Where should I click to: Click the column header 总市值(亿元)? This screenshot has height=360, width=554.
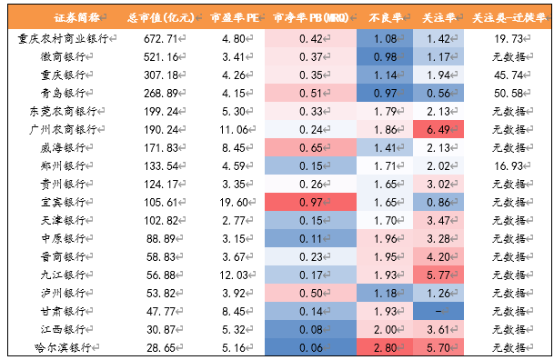(x=161, y=17)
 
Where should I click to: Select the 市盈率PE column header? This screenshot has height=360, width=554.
(x=235, y=17)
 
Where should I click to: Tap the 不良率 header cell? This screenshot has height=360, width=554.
(x=386, y=17)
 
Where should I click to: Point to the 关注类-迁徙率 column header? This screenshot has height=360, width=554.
(x=509, y=17)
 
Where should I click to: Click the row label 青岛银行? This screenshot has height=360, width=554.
(x=63, y=93)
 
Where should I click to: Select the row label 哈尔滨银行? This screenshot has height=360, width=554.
(x=63, y=348)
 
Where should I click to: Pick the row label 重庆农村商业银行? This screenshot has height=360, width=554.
(x=63, y=38)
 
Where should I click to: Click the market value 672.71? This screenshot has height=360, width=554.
(x=160, y=39)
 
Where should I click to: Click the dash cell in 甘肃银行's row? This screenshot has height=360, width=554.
(x=438, y=311)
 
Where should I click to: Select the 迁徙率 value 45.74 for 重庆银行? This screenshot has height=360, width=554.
(x=509, y=75)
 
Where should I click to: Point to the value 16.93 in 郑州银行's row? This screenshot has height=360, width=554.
(x=509, y=165)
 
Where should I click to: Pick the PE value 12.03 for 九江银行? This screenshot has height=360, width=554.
(x=234, y=275)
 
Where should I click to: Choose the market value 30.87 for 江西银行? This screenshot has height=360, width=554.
(x=161, y=330)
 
